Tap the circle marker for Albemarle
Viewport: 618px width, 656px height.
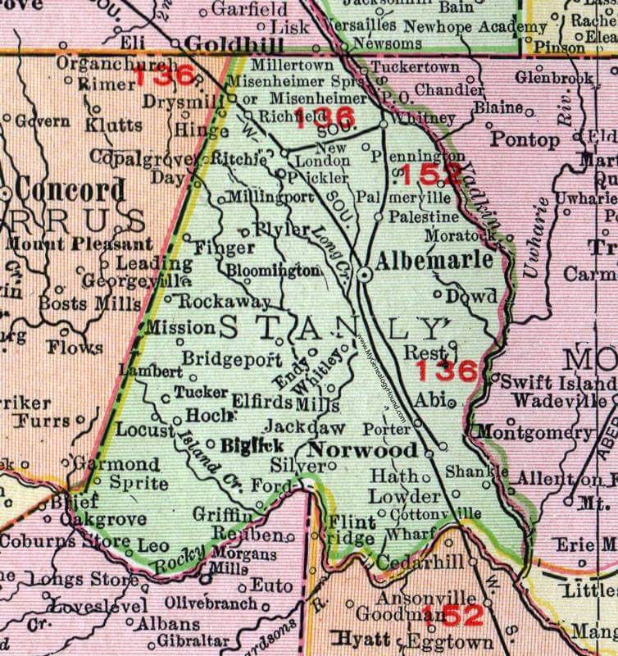tap(362, 278)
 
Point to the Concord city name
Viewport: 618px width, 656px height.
tap(70, 190)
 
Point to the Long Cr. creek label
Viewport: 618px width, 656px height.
tap(327, 241)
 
